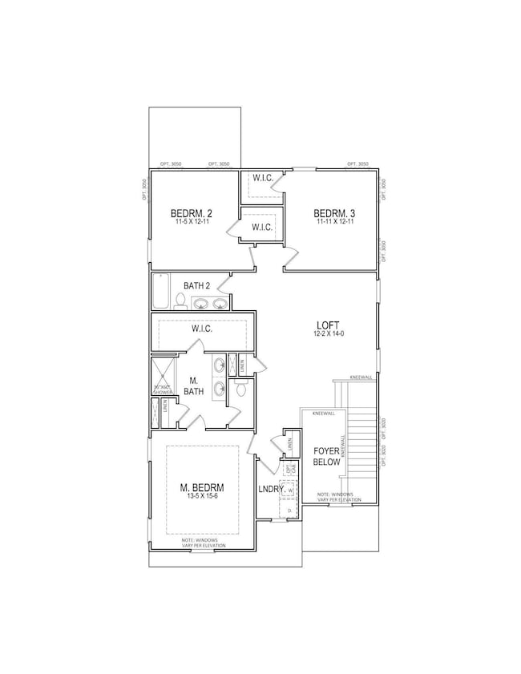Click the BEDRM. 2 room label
[x=191, y=213]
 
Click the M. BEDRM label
[x=202, y=487]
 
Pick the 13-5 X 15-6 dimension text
[x=202, y=497]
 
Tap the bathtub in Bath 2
[x=161, y=292]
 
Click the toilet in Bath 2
[x=181, y=301]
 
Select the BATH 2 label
[x=197, y=285]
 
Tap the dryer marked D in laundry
[x=289, y=510]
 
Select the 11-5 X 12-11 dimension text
[x=191, y=222]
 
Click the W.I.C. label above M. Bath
[x=201, y=328]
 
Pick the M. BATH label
[x=193, y=385]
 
